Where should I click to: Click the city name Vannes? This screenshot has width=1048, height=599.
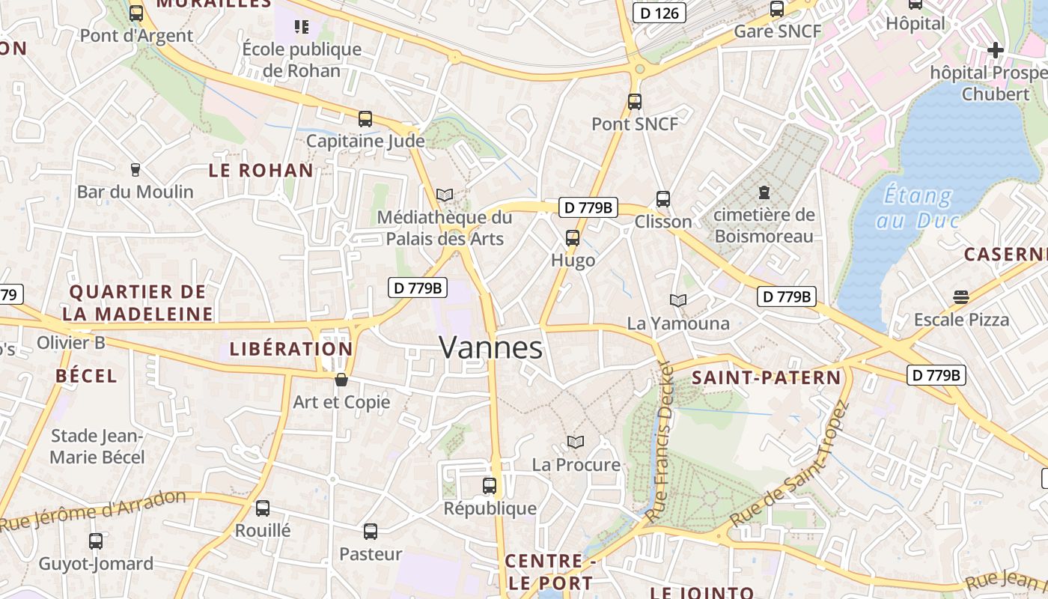491,348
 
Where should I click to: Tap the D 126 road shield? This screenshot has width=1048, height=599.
659,13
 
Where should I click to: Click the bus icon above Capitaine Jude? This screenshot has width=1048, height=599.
365,119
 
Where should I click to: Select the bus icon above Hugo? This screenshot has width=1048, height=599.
573,239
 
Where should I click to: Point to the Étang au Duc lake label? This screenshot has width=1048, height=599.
917,208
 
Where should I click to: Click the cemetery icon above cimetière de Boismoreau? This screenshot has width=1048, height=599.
764,193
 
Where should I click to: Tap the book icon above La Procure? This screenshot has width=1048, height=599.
576,443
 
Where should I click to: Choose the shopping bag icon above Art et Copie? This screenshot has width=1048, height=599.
341,380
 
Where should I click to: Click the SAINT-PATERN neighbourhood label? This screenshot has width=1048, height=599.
767,378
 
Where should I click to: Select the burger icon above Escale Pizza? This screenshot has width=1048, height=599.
961,297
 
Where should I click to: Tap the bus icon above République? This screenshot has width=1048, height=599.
490,486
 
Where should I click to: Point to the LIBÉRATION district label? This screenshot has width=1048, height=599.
291,349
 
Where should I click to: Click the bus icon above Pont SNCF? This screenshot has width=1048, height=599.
635,101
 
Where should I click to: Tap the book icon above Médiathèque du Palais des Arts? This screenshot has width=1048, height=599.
445,195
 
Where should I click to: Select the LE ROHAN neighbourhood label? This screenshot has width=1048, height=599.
261,171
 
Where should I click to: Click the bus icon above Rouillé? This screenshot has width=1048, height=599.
263,508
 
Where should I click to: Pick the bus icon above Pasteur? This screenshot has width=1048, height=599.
371,532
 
